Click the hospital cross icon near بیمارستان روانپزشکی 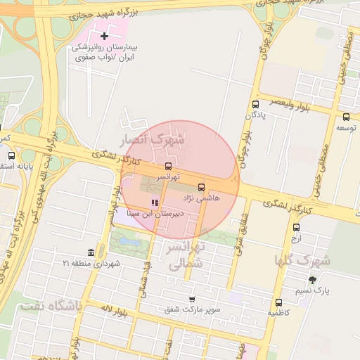coord(105,36)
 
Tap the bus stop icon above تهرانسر coord(167,166)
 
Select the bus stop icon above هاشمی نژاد coord(202,187)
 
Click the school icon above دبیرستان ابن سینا coord(155,202)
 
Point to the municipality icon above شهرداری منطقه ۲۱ coord(91,252)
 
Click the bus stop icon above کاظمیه coord(280,302)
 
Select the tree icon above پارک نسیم coord(312,279)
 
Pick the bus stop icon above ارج coord(296,227)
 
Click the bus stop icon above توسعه coord(345,117)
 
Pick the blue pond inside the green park coord(129,241)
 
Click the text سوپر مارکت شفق coord(192,309)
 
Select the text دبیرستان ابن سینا coord(155,212)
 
